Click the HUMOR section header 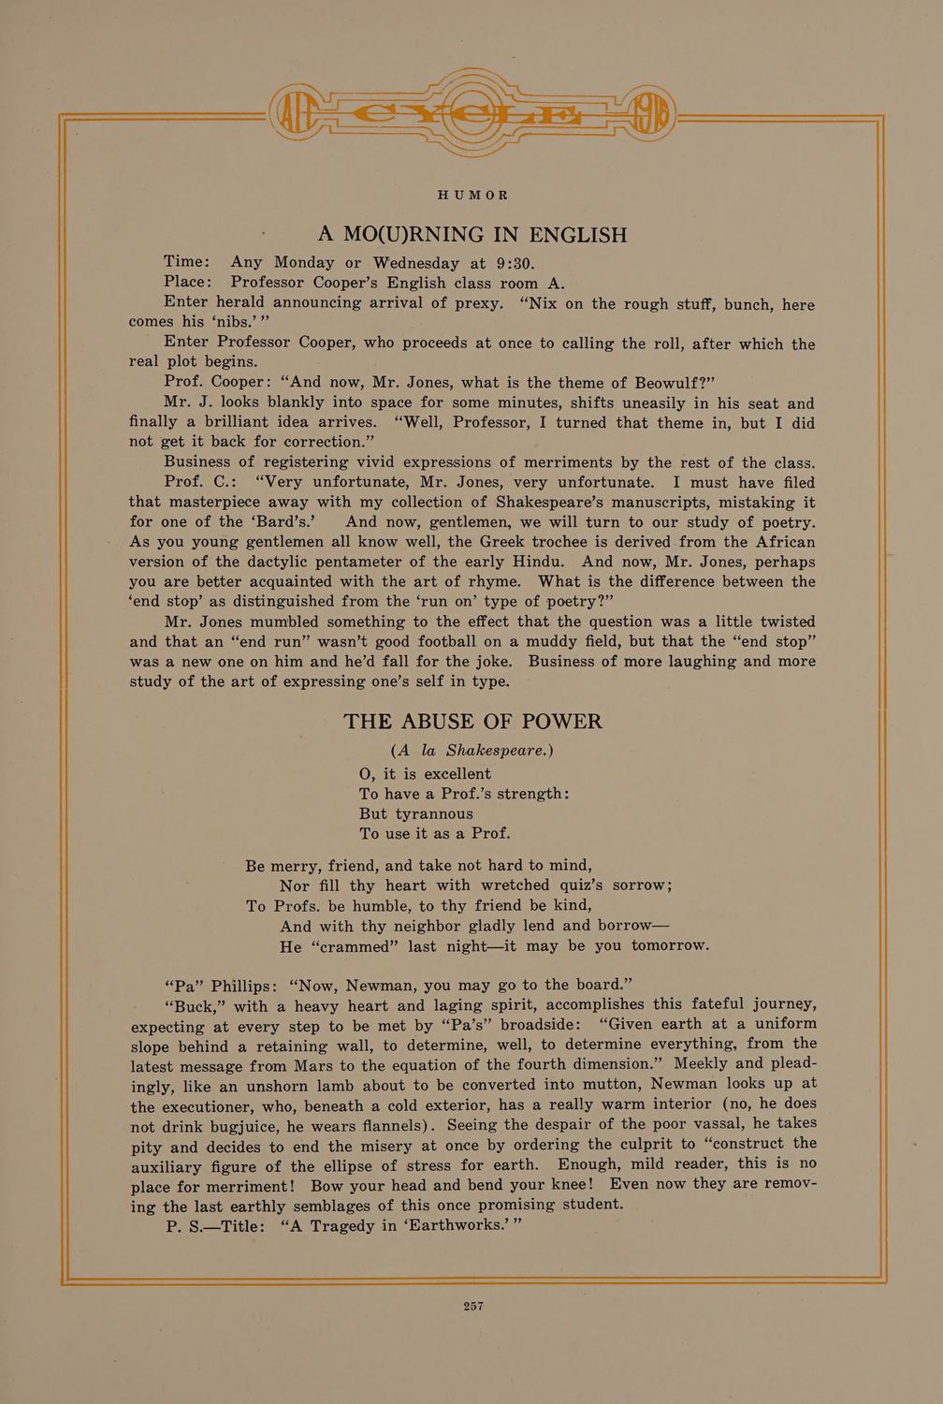(472, 196)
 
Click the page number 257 (472, 1306)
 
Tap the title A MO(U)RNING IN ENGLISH (472, 234)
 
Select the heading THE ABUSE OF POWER (472, 722)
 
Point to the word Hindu (536, 562)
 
